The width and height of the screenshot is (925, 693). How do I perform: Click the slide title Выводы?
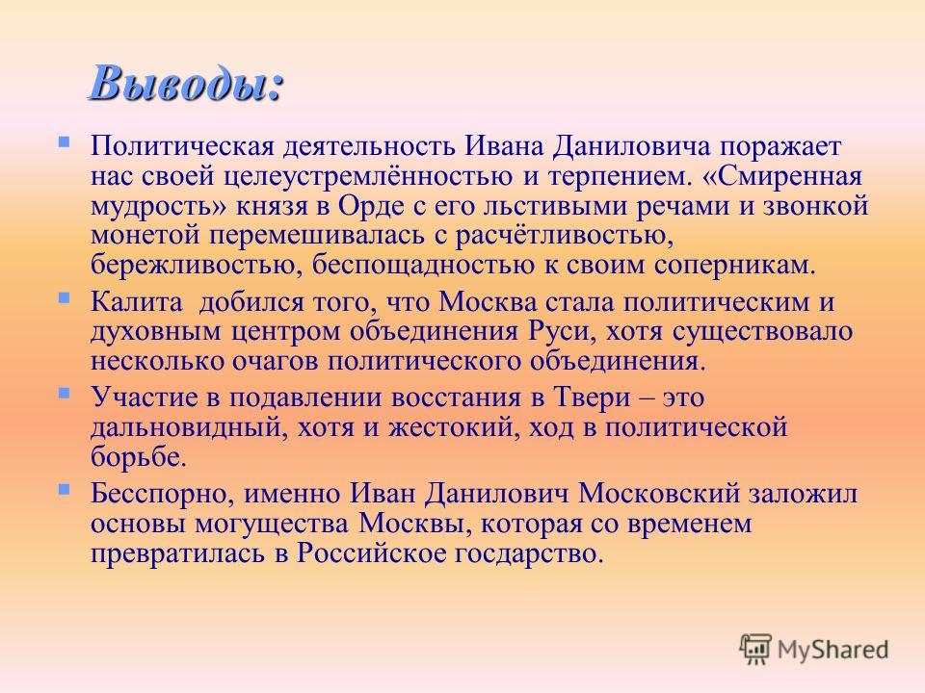click(x=187, y=83)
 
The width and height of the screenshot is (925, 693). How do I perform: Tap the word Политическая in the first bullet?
click(x=182, y=146)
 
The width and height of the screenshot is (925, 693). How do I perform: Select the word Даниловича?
click(x=631, y=147)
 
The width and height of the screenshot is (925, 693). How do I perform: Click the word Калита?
click(x=136, y=301)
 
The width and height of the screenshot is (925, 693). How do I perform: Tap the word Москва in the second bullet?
click(x=489, y=301)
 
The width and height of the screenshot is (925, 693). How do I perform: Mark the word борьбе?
click(x=138, y=456)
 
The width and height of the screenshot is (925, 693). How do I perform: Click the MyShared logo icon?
click(x=755, y=650)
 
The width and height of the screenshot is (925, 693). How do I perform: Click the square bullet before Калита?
click(x=65, y=298)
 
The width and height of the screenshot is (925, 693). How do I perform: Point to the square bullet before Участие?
click(x=65, y=393)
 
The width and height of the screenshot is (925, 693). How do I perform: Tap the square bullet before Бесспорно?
click(x=65, y=489)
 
